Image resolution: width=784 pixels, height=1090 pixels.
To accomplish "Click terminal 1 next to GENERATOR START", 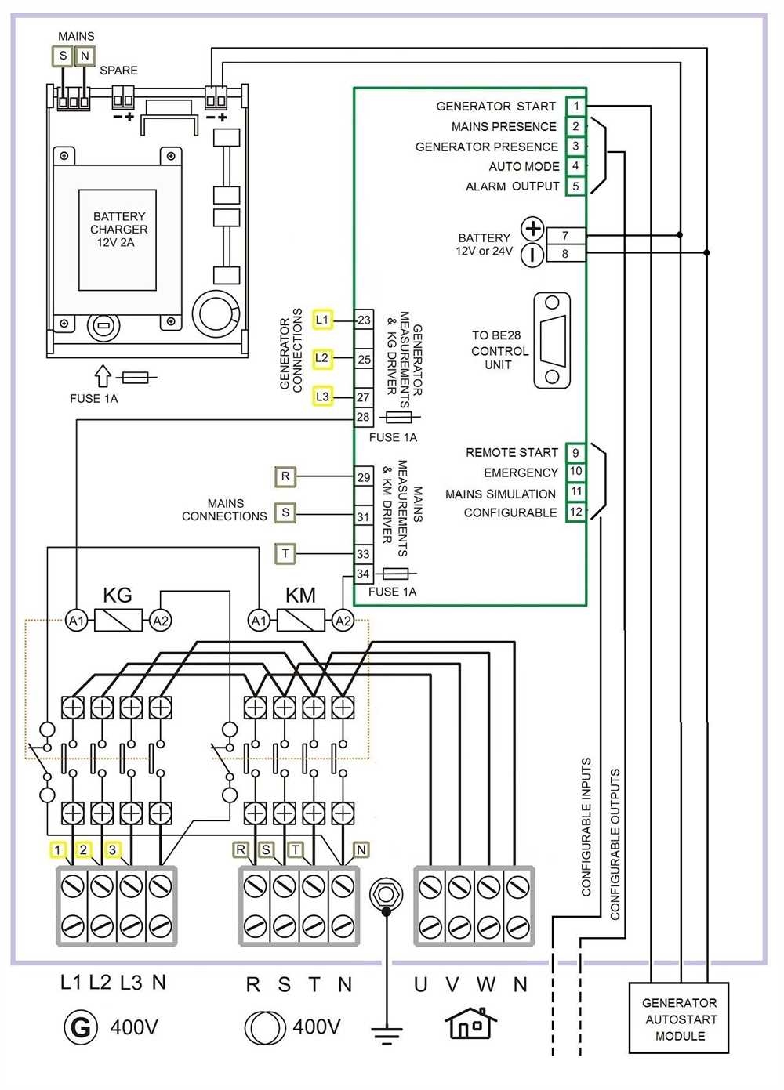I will tap(575, 106).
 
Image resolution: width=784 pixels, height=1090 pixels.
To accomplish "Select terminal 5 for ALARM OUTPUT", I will tap(575, 186).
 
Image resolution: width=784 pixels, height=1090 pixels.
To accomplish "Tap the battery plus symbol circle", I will tap(533, 229).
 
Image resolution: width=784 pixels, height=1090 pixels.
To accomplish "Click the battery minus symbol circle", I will tap(533, 255).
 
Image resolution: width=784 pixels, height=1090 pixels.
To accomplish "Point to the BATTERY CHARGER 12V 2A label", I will tap(118, 230).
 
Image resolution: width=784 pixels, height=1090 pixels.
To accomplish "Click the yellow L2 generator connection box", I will tap(322, 358).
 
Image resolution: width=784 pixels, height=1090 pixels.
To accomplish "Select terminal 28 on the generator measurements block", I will tap(363, 417).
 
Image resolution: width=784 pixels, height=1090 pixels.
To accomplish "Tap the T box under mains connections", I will tap(285, 553).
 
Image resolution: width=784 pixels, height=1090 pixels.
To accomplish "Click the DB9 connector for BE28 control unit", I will tap(552, 341).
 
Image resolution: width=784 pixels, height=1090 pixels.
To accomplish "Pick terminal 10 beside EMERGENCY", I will tap(575, 472).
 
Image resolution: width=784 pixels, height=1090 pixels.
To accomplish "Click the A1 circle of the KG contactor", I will tap(75, 621).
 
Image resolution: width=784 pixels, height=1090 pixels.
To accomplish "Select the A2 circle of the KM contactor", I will tap(343, 621).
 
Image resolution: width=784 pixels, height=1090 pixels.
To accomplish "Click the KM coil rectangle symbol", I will tap(301, 621).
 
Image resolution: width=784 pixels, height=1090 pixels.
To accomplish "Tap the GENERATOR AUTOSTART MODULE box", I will tap(679, 1019).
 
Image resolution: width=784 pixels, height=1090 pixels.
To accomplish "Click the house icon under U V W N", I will tap(470, 1023).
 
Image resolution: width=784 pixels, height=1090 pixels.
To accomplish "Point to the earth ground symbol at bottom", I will tap(386, 1034).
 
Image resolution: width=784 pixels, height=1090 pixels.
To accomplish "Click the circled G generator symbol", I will tap(81, 1027).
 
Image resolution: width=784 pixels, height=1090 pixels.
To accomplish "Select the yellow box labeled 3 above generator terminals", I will tap(113, 850).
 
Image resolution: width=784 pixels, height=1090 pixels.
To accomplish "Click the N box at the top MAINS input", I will tap(85, 56).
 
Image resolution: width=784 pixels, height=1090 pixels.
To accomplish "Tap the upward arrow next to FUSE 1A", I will tap(103, 376).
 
